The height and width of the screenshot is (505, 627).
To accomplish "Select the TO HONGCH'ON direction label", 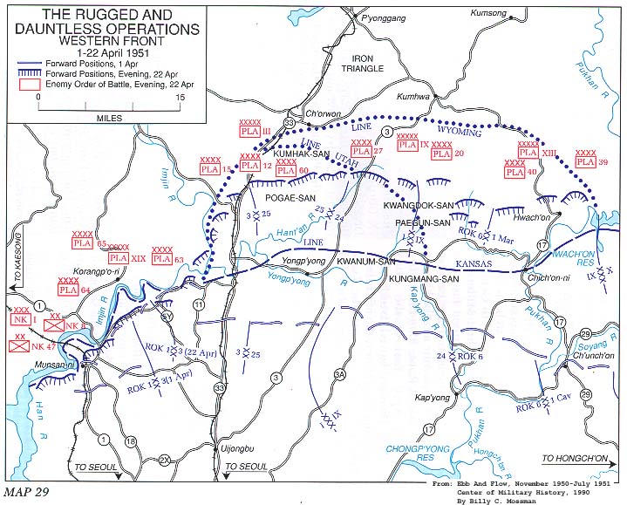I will [x=578, y=457].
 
